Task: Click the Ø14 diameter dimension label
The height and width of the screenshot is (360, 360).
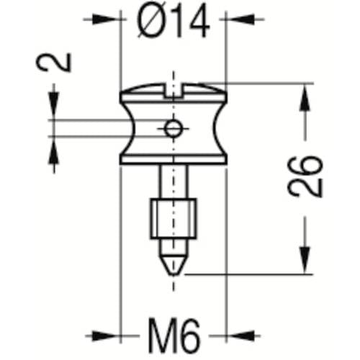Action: click(174, 21)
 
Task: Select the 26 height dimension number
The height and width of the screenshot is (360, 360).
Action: click(305, 177)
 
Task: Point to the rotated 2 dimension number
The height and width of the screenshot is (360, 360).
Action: click(54, 62)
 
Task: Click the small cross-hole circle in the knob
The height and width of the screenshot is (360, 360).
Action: click(173, 129)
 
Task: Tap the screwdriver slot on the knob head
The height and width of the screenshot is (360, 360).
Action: click(174, 90)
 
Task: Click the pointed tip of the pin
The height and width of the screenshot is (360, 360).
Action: click(174, 274)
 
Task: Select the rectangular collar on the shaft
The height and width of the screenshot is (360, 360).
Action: click(174, 219)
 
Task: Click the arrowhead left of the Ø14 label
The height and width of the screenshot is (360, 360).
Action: click(106, 19)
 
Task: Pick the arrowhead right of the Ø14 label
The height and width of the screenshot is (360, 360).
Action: click(240, 19)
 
